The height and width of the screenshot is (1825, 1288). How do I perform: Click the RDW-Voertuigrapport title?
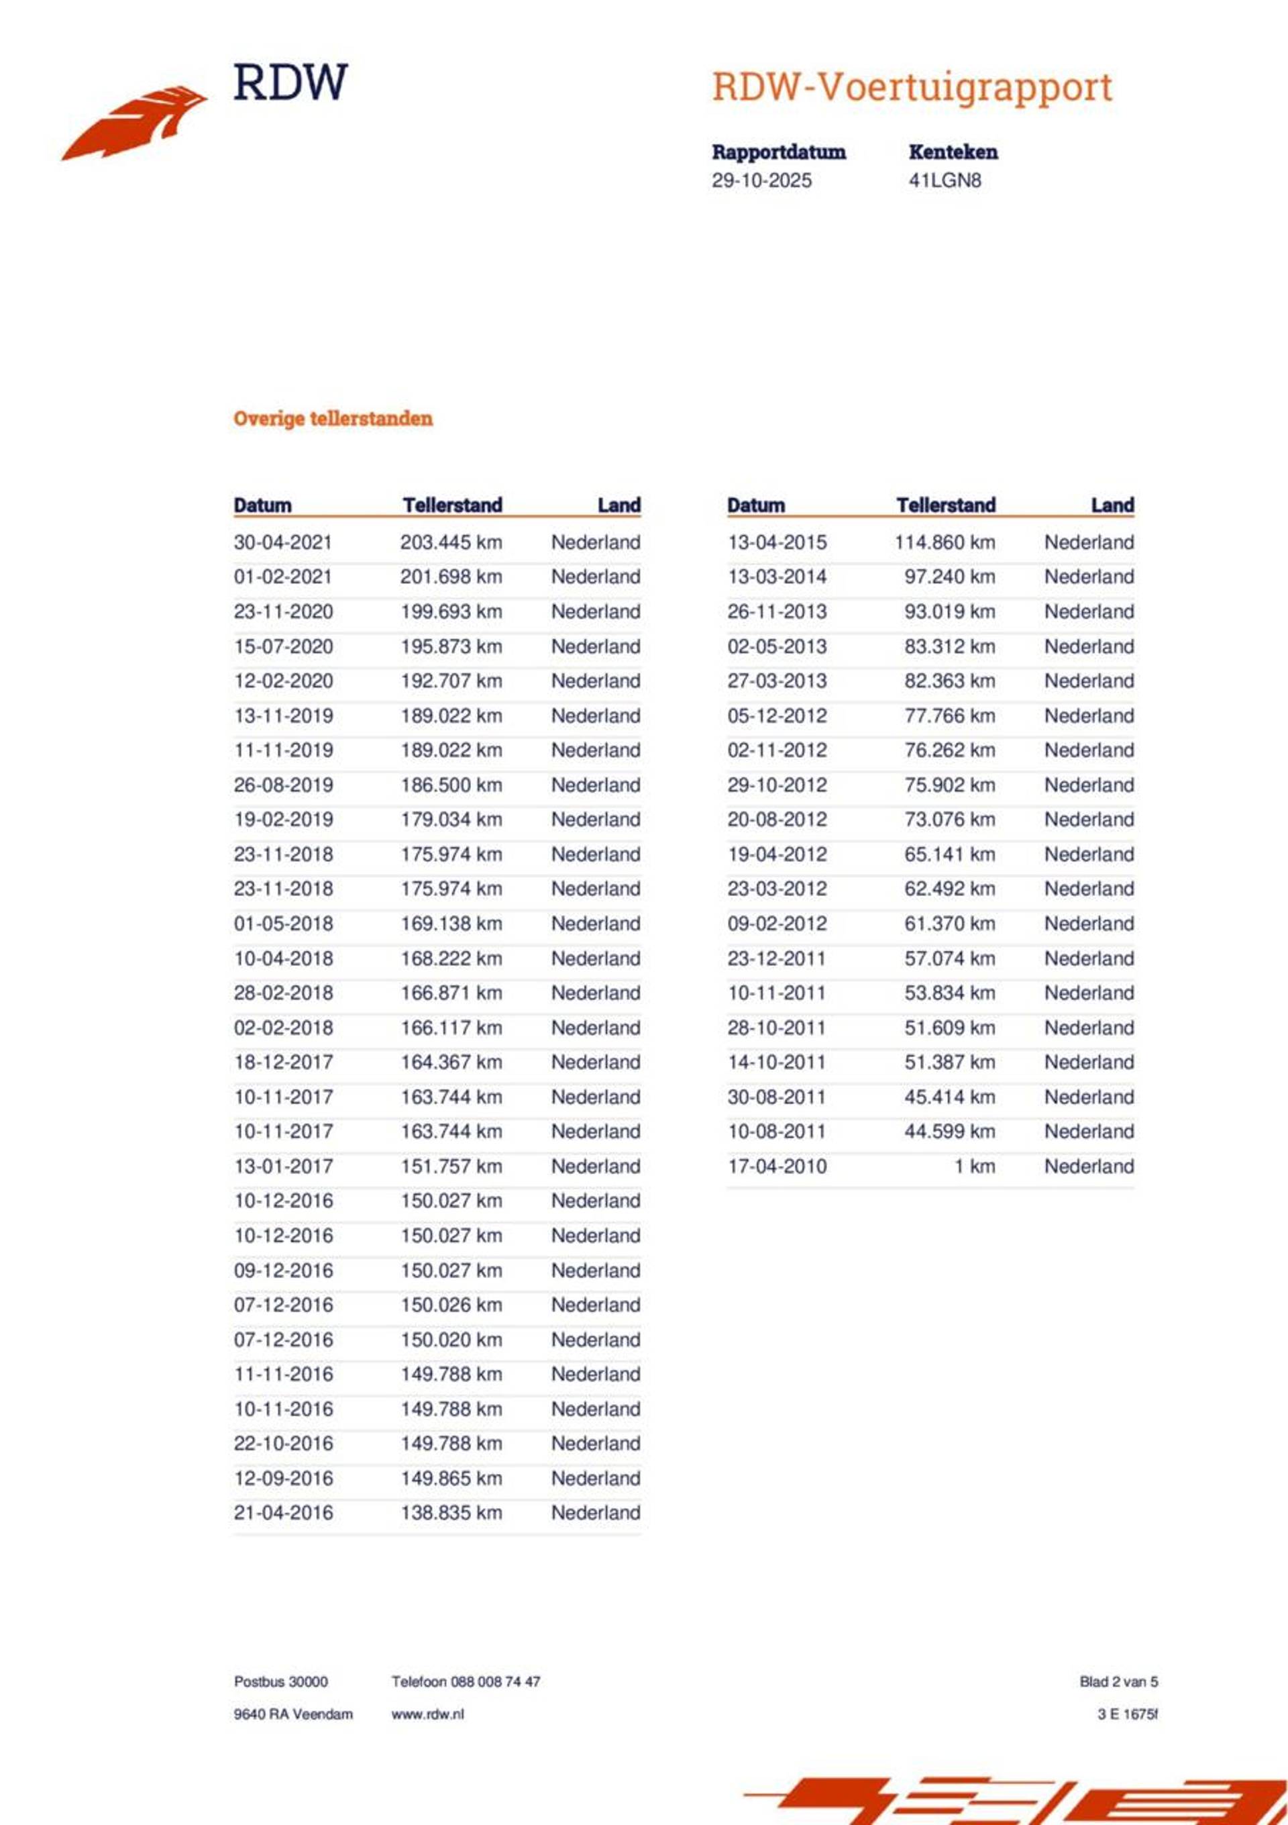(912, 87)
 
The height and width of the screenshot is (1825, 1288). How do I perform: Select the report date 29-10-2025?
(761, 181)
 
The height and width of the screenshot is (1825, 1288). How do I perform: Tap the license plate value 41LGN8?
(945, 181)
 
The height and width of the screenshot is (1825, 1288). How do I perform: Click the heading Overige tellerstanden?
(333, 419)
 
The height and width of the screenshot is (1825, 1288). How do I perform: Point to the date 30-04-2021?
(283, 542)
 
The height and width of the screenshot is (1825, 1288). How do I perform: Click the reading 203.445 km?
(451, 542)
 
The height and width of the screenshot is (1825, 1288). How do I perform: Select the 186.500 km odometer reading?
(451, 785)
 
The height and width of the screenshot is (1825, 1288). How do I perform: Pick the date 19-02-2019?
(283, 820)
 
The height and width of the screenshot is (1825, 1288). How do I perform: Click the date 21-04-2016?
(283, 1513)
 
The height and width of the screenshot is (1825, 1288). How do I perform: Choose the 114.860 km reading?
(944, 542)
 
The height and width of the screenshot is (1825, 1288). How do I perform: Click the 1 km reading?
(974, 1166)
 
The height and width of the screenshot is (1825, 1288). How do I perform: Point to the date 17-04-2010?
(776, 1166)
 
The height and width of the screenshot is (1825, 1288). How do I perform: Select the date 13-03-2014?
(776, 577)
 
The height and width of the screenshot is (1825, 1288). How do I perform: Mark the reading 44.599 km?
(949, 1131)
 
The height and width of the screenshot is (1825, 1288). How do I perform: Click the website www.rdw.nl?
(427, 1714)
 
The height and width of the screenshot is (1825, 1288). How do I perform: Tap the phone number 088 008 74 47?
(495, 1682)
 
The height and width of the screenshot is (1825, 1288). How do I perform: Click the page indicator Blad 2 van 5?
(1118, 1682)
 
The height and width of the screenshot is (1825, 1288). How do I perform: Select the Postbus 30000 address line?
(280, 1682)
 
